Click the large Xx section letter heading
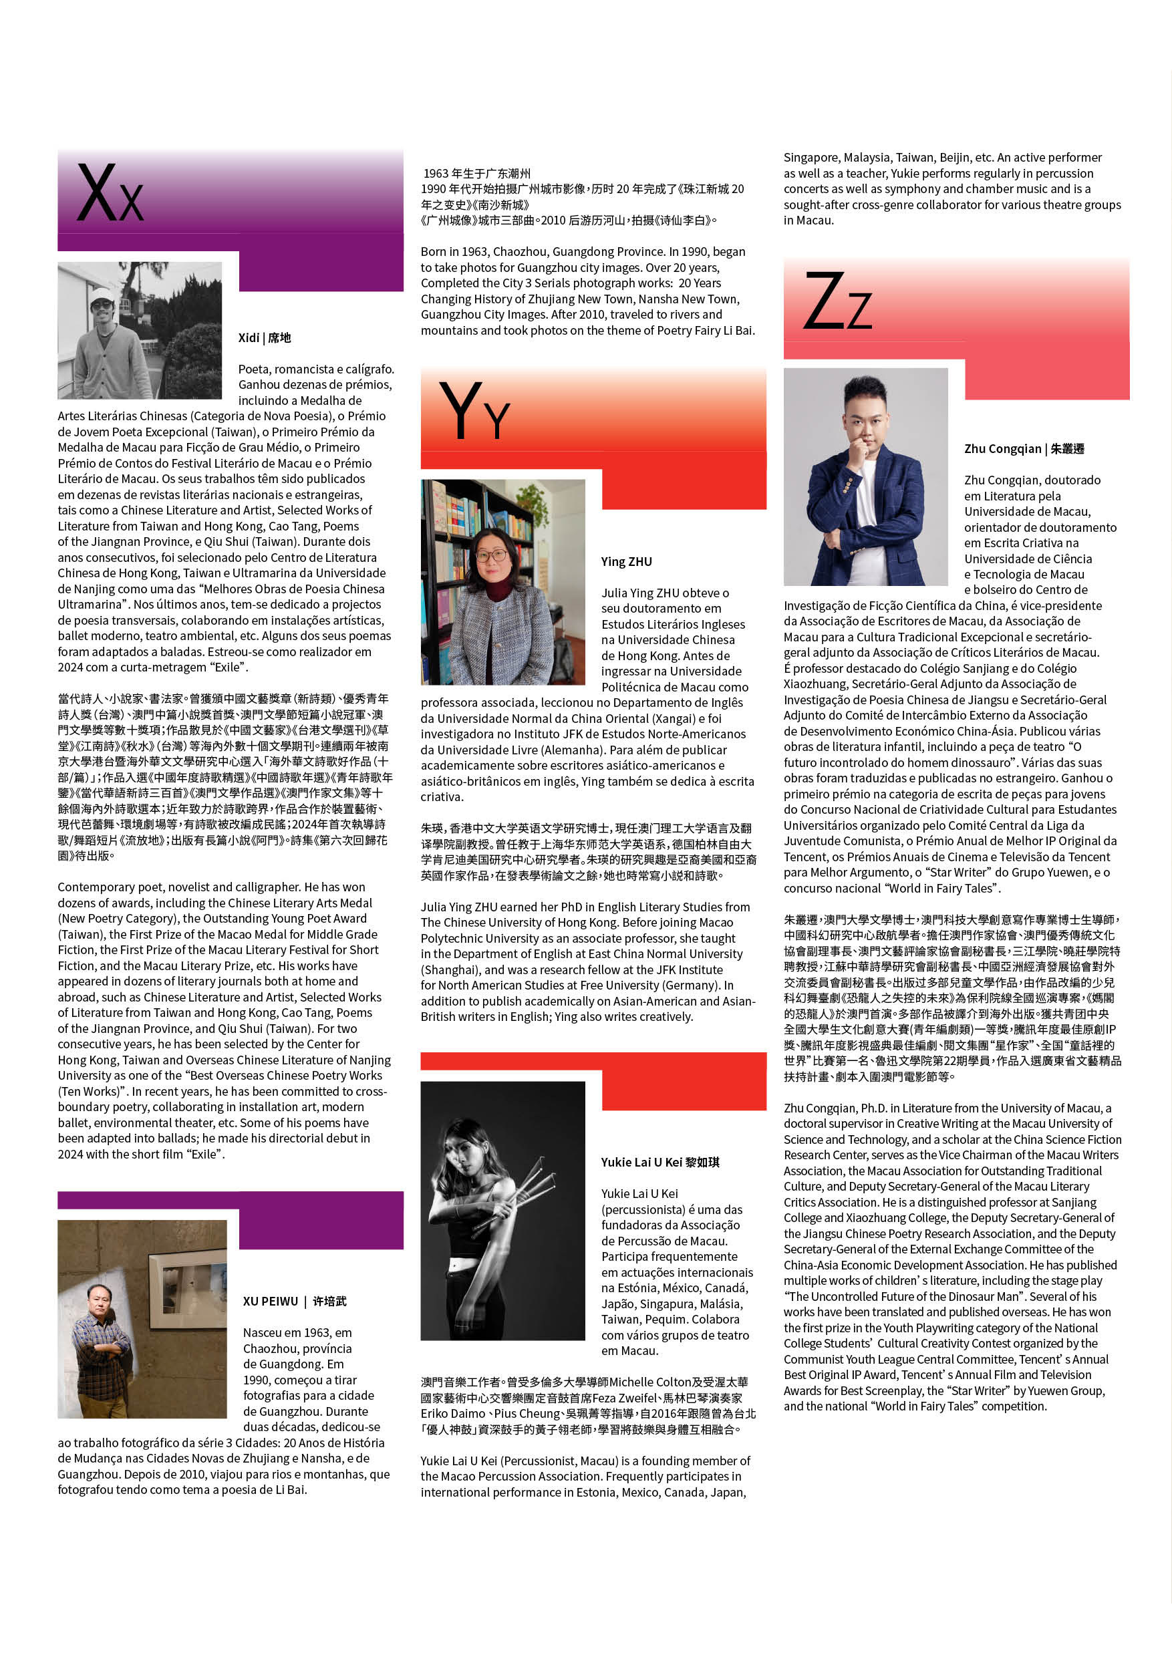110,193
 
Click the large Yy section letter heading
474,412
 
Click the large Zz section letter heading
837,301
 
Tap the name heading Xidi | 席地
264,338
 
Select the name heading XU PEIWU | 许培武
295,1301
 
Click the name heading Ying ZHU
625,561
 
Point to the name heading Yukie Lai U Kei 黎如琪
660,1162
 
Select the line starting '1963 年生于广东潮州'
476,173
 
